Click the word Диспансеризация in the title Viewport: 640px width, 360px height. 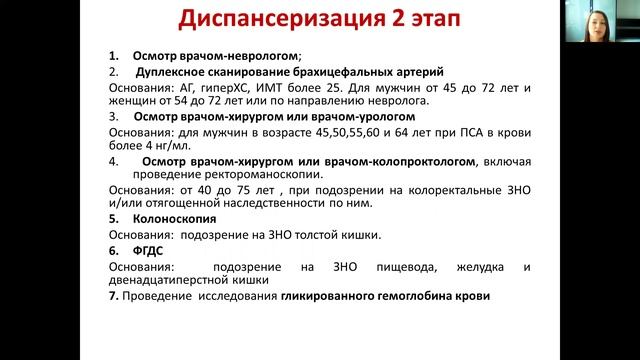point(269,22)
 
